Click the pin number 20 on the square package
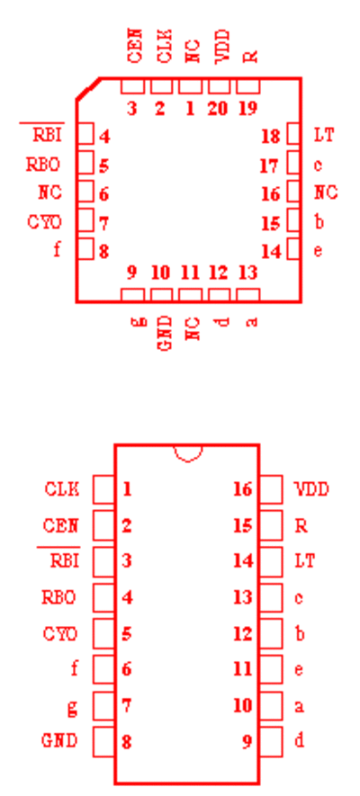pos(217,108)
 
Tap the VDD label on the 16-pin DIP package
pos(311,489)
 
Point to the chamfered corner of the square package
pos(87,88)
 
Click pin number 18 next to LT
pos(271,137)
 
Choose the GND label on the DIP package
pos(59,741)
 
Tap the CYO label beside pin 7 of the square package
pos(44,222)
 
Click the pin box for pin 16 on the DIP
pos(271,489)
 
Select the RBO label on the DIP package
pos(58,597)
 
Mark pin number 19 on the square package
pos(247,108)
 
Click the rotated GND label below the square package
pos(165,333)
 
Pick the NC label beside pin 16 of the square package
pos(326,192)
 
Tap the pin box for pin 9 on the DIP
pos(271,741)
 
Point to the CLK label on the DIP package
pos(62,489)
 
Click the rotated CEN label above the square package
pos(136,46)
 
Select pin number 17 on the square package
pos(271,165)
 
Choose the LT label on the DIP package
pos(305,561)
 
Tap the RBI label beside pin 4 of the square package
pos(49,136)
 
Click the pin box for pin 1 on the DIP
pos(103,489)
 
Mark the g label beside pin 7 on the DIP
pos(73,707)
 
